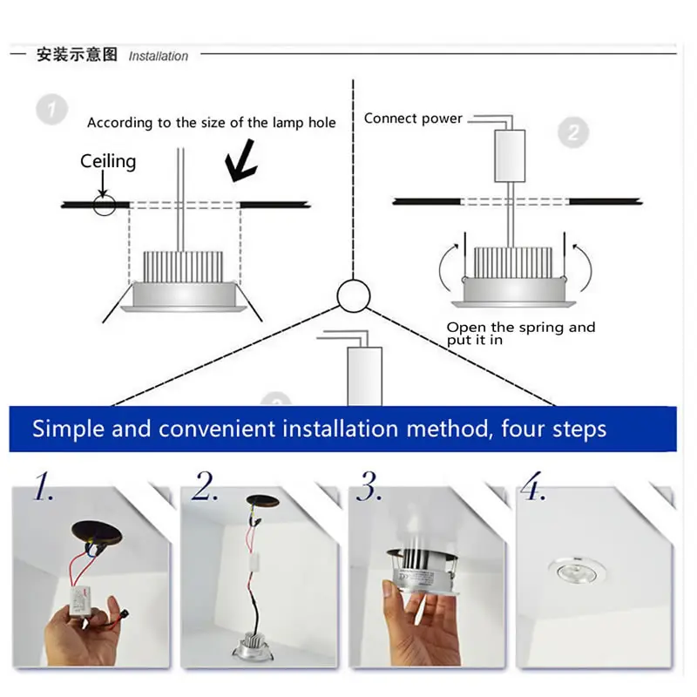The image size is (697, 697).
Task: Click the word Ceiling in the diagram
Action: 108,161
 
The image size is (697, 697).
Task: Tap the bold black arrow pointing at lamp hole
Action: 241,161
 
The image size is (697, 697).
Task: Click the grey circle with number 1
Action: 52,110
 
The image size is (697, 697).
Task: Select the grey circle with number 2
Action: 573,132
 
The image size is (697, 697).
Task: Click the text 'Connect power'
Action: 413,118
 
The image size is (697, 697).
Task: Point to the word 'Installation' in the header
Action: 159,57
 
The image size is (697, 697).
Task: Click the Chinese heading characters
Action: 77,55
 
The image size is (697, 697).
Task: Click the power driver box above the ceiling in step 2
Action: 510,156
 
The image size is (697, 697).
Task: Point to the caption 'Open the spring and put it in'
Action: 520,334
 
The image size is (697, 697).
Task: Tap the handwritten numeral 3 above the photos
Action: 369,486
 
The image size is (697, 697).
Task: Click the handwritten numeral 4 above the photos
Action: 532,485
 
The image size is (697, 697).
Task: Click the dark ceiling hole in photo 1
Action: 97,532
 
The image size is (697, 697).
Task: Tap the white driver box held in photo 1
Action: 80,600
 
